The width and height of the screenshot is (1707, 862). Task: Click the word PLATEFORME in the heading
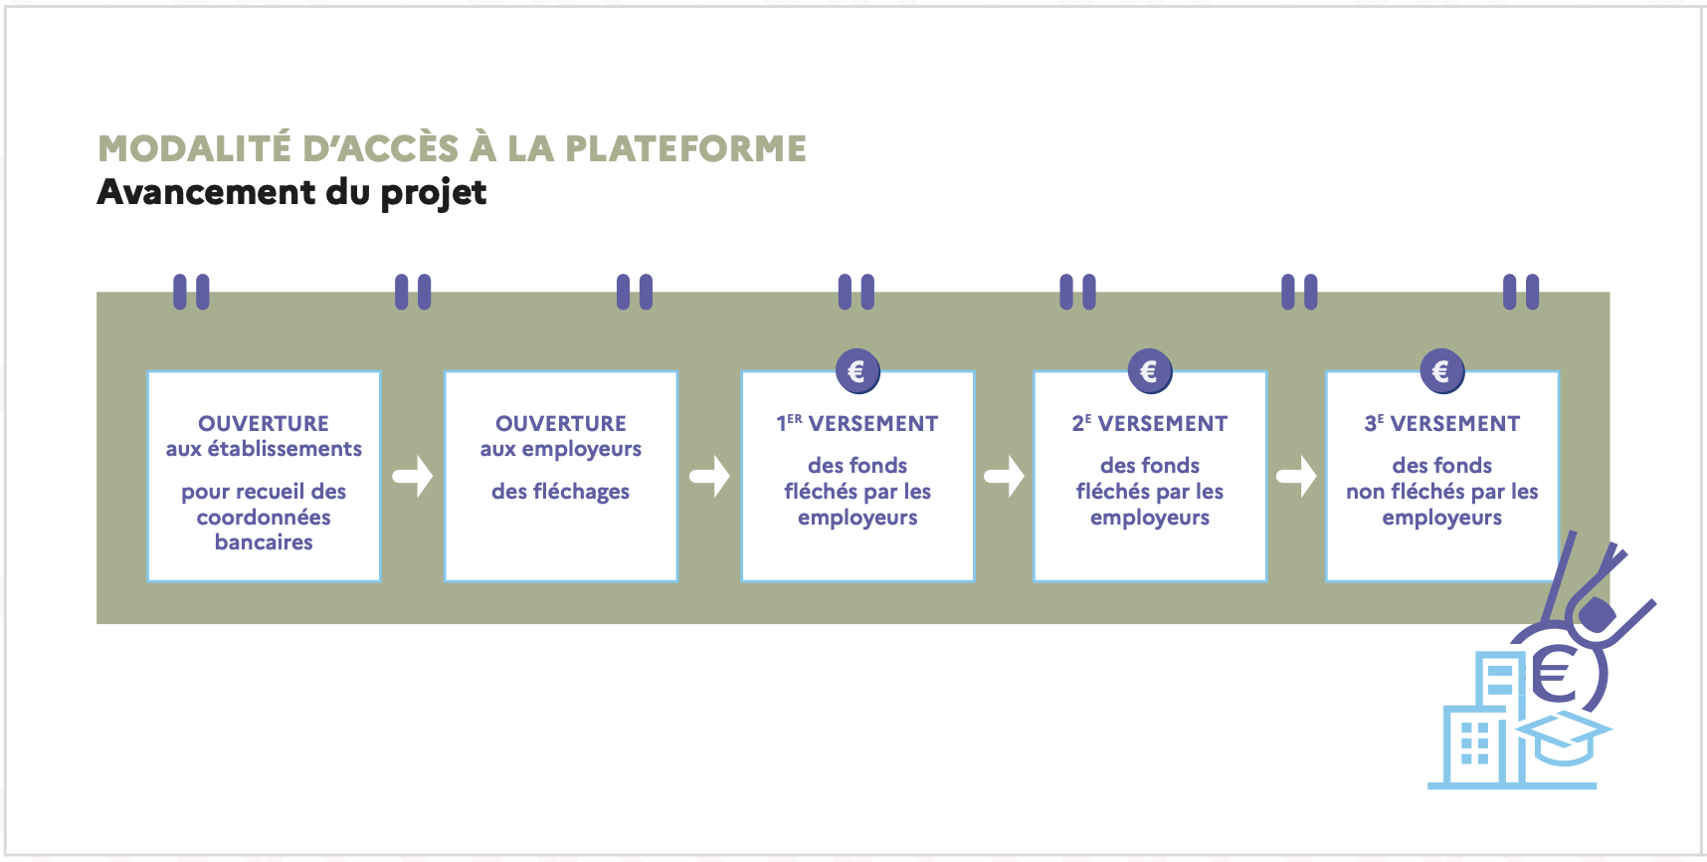click(685, 149)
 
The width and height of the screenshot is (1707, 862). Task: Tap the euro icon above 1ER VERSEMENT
click(856, 372)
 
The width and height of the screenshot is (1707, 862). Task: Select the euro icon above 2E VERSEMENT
click(1149, 372)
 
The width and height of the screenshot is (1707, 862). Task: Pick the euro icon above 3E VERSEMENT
click(1441, 372)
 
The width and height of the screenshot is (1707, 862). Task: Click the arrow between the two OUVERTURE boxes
click(413, 476)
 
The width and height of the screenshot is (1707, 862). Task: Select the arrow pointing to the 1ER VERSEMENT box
click(710, 476)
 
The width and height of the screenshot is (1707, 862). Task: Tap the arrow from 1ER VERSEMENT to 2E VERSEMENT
click(1005, 476)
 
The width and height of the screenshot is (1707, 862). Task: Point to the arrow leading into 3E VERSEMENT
click(1297, 476)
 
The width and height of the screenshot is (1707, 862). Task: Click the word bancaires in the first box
click(264, 542)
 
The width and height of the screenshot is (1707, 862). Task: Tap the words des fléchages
click(560, 492)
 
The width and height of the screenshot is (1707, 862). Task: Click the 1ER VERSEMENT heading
click(857, 424)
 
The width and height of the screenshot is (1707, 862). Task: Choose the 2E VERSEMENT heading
click(1150, 424)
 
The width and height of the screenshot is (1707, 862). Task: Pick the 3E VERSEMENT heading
click(1442, 424)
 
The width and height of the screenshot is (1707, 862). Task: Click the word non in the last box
click(1365, 492)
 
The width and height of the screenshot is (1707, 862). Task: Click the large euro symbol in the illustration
click(1556, 674)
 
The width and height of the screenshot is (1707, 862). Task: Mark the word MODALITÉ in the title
click(194, 149)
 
